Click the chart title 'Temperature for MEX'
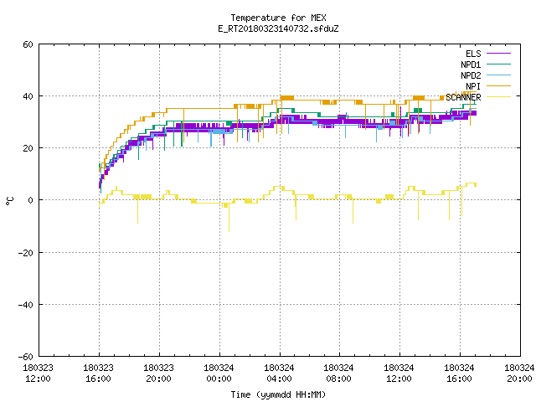coord(278,18)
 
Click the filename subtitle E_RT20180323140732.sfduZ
coord(278,28)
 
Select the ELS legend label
coord(473,54)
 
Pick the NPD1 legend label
coord(471,64)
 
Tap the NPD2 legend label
coord(471,75)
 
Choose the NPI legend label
coord(473,86)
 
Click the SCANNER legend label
coord(463,97)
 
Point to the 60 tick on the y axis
coord(28,44)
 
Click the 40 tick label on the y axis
coord(28,96)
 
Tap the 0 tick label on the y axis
coord(30,200)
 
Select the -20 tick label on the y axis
coord(26,253)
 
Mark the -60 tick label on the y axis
coord(26,357)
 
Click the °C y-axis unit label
coord(10,201)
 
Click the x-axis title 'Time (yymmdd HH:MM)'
coord(278,394)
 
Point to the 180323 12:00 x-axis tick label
coord(38,374)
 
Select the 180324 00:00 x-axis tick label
coord(219,374)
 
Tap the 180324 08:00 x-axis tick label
coord(338,374)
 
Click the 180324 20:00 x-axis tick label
coord(519,374)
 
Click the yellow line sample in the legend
coord(498,97)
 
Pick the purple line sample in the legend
coord(498,54)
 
